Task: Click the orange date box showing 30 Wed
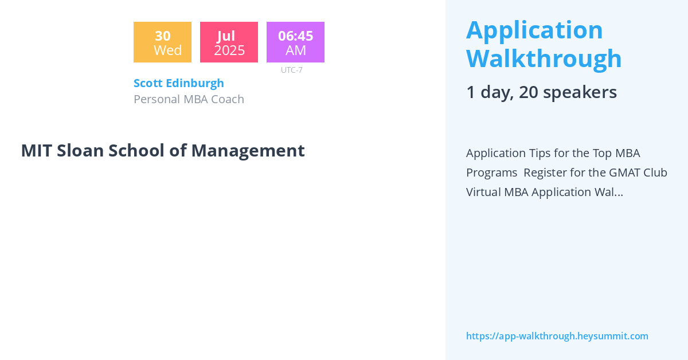point(162,42)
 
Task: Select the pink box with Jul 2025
point(229,42)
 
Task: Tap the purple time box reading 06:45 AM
point(295,42)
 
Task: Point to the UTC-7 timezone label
point(291,70)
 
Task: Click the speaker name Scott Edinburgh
point(179,83)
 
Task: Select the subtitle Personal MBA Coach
point(189,99)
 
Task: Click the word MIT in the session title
point(36,151)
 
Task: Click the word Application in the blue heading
point(534,30)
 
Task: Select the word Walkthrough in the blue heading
point(544,58)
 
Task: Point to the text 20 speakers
point(568,92)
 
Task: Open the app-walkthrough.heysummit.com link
point(557,336)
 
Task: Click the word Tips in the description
point(545,153)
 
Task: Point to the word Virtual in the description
point(484,192)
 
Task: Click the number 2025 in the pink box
point(229,50)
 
